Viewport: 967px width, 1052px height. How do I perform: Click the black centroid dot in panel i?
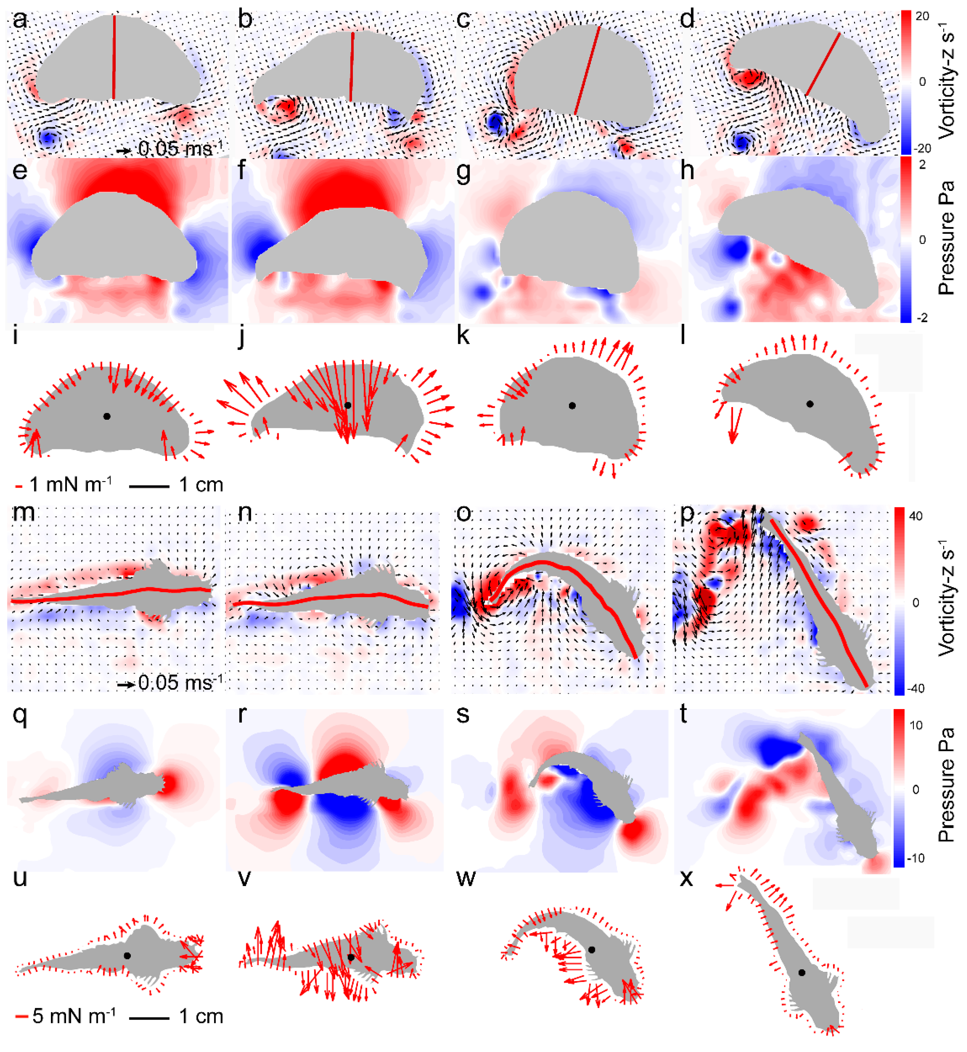[x=107, y=416]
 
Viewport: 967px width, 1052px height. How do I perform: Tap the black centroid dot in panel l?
[x=810, y=404]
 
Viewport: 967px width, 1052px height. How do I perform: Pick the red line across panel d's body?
[x=824, y=64]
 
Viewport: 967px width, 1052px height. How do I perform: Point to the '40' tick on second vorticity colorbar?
[x=916, y=516]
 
